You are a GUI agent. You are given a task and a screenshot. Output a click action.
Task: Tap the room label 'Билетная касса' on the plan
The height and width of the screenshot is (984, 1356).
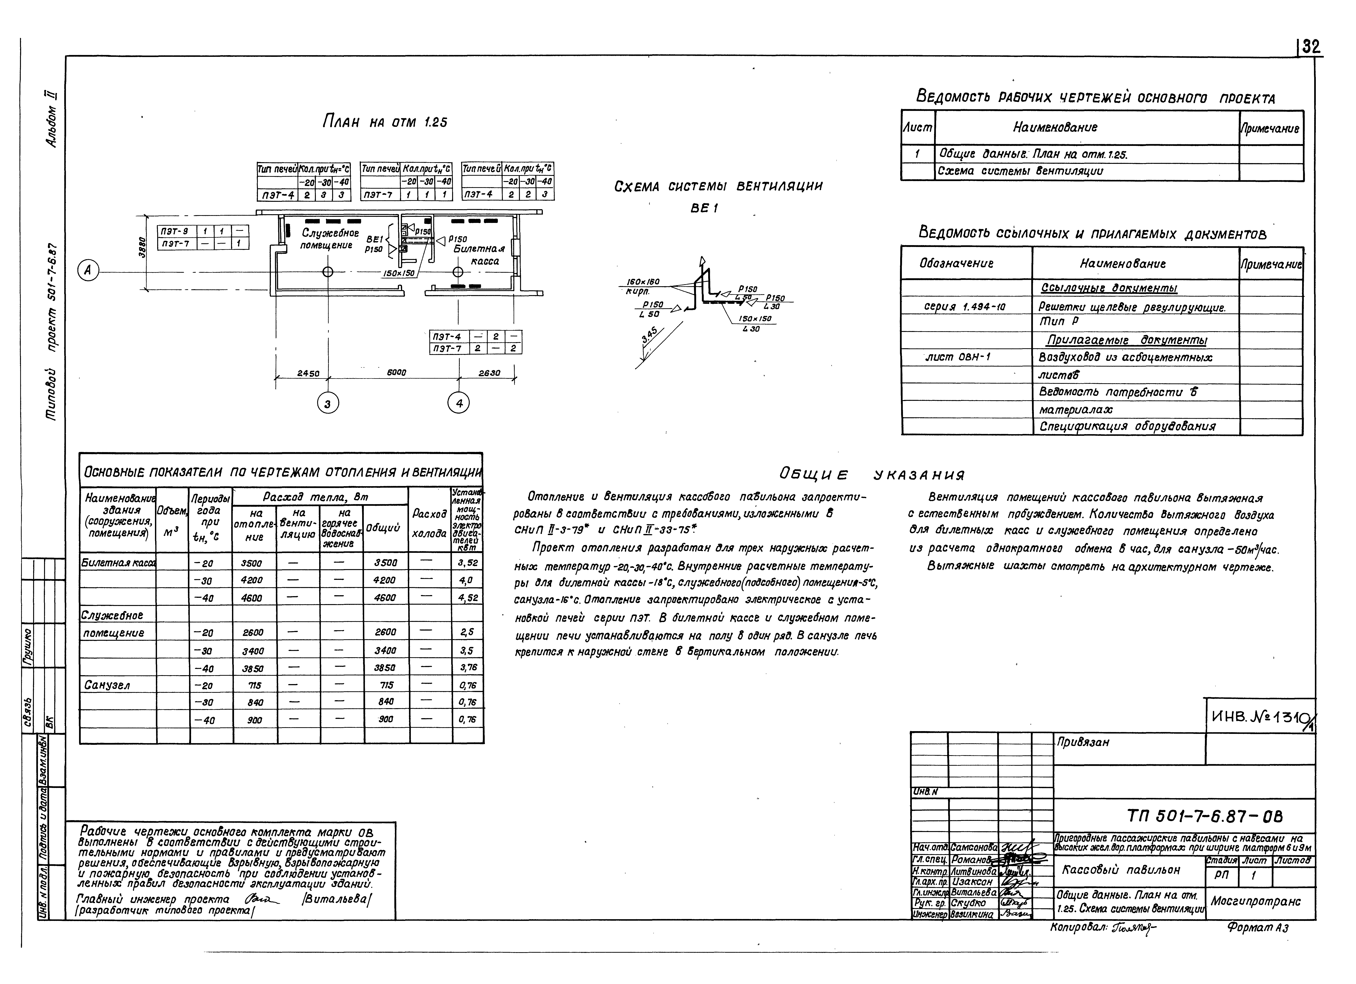478,255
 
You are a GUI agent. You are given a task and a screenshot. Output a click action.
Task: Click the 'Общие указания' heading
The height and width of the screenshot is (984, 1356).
872,475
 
